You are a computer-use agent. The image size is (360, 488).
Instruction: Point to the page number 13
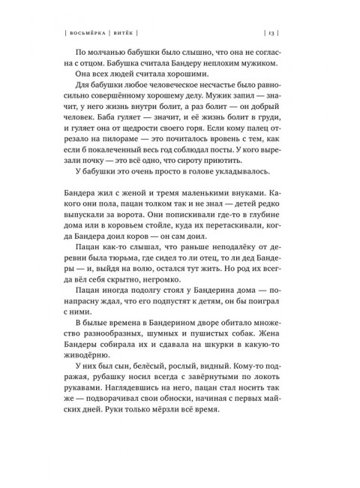coord(272,33)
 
